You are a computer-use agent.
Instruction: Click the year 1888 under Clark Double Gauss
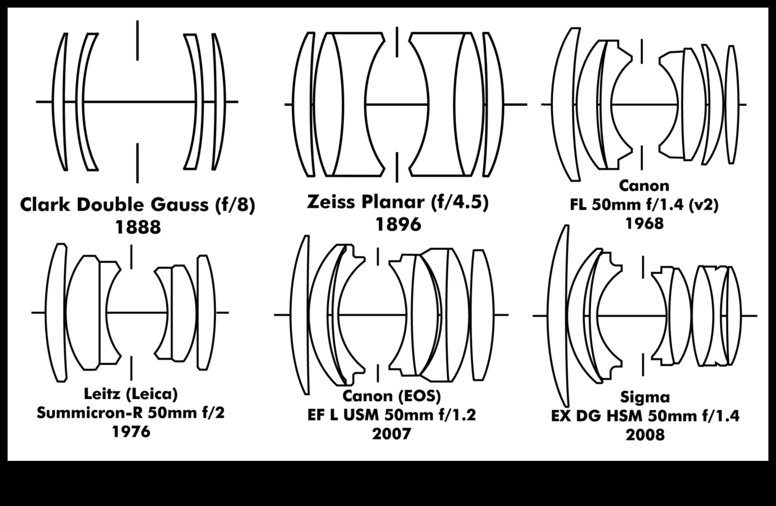pyautogui.click(x=138, y=227)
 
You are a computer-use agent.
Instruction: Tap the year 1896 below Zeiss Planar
pyautogui.click(x=398, y=225)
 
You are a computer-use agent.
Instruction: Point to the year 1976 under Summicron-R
pyautogui.click(x=131, y=432)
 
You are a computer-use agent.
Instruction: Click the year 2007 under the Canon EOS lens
pyautogui.click(x=391, y=434)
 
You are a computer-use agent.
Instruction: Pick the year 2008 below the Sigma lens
pyautogui.click(x=645, y=435)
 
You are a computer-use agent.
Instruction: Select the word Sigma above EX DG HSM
pyautogui.click(x=645, y=397)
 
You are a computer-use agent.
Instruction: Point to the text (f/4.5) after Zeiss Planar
pyautogui.click(x=460, y=202)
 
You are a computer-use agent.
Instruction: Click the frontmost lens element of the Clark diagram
pyautogui.click(x=60, y=102)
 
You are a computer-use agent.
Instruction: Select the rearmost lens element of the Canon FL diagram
pyautogui.click(x=733, y=104)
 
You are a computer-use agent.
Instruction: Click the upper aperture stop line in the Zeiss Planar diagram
pyautogui.click(x=397, y=42)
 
